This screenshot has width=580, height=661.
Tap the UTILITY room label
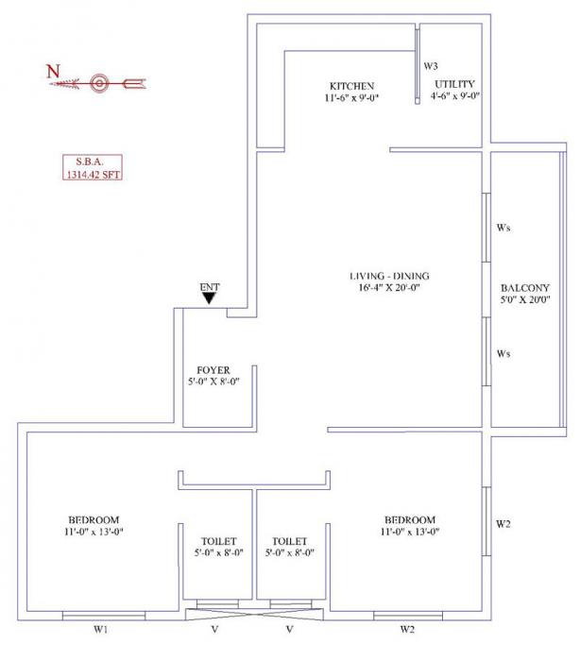coord(453,84)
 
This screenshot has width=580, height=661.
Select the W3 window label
coord(431,66)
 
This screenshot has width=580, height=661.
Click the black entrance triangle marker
coord(209,298)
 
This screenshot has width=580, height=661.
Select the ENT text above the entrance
coord(209,286)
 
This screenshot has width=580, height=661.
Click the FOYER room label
coord(213,369)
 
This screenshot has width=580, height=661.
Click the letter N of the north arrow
coord(53,70)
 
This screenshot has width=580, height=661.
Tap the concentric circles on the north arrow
coord(98,83)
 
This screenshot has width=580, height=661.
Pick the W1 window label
coord(102,630)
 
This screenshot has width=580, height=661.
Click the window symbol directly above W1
coord(103,615)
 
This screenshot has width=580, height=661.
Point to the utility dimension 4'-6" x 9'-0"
coord(453,96)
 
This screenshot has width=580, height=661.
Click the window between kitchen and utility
coord(417,65)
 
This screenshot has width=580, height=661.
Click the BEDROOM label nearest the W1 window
coord(93,520)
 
